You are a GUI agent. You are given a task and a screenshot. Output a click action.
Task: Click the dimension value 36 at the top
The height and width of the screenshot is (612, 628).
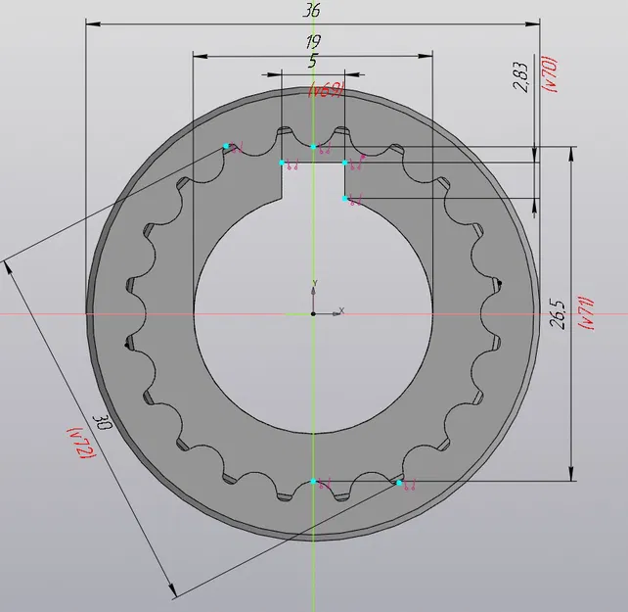(312, 11)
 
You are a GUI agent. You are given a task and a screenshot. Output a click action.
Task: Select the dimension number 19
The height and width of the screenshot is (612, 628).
(312, 42)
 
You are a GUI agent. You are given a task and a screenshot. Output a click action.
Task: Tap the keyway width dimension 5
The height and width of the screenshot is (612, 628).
(312, 61)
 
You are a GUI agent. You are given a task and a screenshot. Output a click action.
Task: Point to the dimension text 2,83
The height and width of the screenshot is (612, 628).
(520, 77)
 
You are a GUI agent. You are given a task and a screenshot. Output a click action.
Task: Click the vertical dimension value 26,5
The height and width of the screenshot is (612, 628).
(558, 314)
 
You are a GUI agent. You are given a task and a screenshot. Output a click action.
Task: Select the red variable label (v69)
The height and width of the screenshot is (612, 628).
(326, 91)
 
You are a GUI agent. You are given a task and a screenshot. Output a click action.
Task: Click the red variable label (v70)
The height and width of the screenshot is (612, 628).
(551, 74)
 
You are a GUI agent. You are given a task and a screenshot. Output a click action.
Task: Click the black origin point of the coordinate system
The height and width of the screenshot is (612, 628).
(313, 314)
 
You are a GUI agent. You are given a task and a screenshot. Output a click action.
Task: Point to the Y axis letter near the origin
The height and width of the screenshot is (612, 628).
(314, 284)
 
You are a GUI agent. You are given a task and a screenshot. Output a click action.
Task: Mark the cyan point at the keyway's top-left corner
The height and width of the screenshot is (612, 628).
(282, 163)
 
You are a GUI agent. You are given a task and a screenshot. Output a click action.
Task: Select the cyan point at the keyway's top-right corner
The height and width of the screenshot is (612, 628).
(345, 163)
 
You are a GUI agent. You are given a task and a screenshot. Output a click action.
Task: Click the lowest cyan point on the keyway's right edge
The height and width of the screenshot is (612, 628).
(345, 199)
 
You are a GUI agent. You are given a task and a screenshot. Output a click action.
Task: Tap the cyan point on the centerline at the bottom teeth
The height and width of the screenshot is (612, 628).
(313, 482)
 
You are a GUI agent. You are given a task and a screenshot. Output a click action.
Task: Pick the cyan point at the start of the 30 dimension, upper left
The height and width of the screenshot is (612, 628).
(225, 146)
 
